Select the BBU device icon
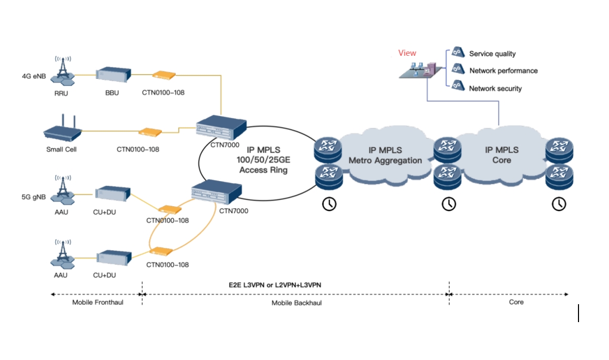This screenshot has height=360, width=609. [x=112, y=75]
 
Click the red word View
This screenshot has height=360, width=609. [x=407, y=53]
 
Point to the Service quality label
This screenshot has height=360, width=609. [x=492, y=54]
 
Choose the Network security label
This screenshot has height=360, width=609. [x=495, y=88]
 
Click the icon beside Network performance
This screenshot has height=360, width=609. [x=458, y=69]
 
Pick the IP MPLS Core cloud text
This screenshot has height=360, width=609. [x=501, y=155]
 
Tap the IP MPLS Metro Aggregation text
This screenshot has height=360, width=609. [x=385, y=155]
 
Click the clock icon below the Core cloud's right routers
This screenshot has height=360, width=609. [x=559, y=204]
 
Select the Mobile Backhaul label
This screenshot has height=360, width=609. [x=297, y=303]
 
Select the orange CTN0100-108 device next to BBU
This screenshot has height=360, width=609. [x=163, y=76]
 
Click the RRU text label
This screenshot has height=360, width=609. [x=61, y=93]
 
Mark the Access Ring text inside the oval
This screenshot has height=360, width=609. [x=263, y=170]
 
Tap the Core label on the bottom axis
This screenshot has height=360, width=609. [x=516, y=302]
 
